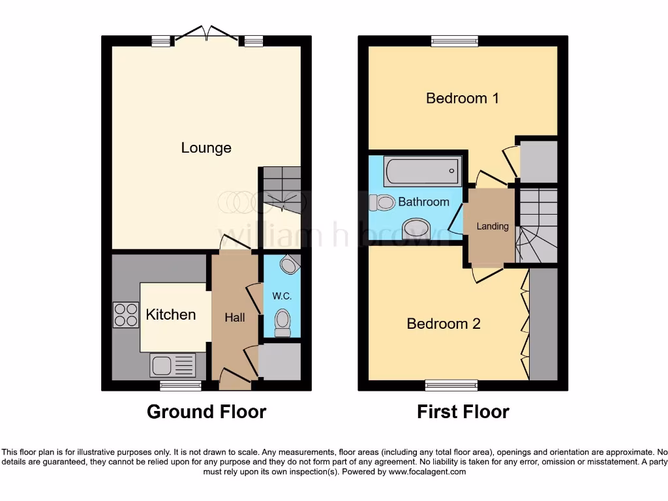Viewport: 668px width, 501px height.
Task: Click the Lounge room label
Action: click(x=206, y=148)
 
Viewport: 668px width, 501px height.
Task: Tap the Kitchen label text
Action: click(x=170, y=314)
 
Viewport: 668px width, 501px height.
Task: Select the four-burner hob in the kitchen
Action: click(x=125, y=315)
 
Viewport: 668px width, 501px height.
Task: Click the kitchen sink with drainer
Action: click(x=173, y=365)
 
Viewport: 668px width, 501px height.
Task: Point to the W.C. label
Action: click(x=281, y=296)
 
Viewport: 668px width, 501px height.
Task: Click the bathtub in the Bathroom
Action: click(x=423, y=172)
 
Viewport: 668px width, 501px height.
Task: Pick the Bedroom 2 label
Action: click(x=444, y=324)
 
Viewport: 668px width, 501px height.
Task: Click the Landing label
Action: click(x=492, y=226)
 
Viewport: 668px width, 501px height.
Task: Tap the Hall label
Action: click(x=235, y=318)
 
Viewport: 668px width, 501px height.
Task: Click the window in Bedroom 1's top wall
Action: click(x=454, y=41)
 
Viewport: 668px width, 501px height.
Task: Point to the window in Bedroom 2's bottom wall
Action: click(x=451, y=385)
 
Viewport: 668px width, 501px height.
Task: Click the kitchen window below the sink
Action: click(x=181, y=386)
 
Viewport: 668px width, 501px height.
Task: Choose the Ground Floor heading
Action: click(x=206, y=412)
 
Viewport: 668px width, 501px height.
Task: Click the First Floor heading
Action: click(x=463, y=412)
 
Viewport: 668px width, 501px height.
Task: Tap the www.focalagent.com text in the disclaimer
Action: click(x=428, y=472)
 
